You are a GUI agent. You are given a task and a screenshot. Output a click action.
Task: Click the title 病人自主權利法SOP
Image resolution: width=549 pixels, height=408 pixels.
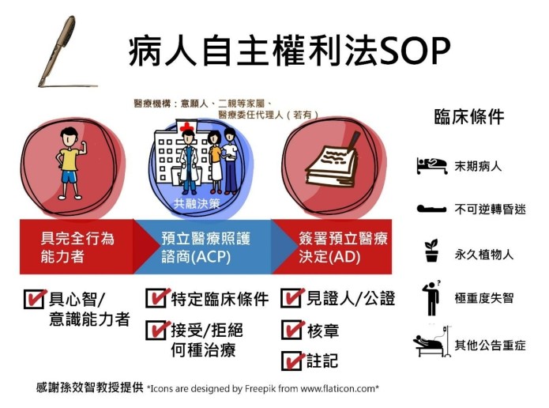[x=289, y=52]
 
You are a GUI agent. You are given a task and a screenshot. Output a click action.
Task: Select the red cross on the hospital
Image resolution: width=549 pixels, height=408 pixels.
[x=186, y=127]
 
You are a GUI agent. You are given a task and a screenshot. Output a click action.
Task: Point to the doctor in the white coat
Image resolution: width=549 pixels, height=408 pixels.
[x=188, y=161]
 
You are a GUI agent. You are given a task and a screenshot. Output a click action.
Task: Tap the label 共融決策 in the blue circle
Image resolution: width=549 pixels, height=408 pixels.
[x=197, y=204]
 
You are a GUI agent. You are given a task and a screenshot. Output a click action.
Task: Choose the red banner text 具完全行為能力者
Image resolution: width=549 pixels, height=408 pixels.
[x=77, y=247]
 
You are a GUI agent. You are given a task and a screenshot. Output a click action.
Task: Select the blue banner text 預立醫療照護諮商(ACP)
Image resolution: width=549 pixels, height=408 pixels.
[x=206, y=247]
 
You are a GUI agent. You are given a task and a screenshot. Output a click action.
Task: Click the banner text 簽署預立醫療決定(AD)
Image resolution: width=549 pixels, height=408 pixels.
[x=343, y=247]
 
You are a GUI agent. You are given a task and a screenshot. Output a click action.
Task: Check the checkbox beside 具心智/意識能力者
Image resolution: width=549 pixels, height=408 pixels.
[x=35, y=299]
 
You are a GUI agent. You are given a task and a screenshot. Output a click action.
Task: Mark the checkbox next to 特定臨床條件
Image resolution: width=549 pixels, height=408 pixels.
[x=157, y=298]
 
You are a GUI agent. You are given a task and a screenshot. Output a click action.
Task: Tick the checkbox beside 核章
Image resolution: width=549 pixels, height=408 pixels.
[x=292, y=330]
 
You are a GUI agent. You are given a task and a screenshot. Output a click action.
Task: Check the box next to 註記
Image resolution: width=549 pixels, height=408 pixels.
[x=292, y=361]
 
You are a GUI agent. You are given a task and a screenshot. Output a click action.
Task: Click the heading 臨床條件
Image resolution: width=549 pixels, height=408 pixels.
[x=468, y=117]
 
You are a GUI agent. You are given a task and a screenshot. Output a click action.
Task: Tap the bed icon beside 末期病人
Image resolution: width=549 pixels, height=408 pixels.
[x=432, y=165]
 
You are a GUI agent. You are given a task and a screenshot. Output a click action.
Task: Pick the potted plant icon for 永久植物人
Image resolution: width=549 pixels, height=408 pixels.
[x=432, y=251]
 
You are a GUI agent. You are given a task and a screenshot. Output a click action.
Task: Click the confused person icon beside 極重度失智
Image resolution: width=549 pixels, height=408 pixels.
[x=431, y=298]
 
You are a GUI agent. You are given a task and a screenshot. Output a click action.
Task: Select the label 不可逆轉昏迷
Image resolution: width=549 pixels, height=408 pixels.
[x=491, y=210]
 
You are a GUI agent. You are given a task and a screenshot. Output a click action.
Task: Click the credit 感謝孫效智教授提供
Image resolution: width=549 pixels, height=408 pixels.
[x=89, y=387]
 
